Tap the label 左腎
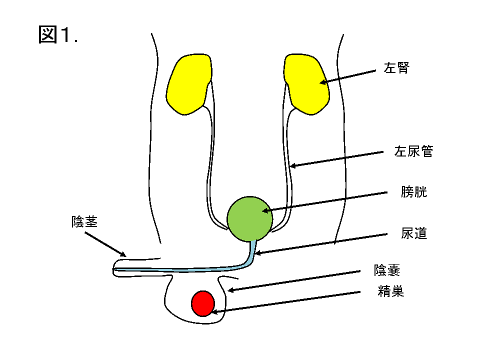pos(396,68)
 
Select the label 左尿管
pos(413,151)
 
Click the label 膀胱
pos(414,191)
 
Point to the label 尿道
pos(414,233)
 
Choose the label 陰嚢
pos(387,270)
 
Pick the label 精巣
pos(390,291)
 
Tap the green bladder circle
pos(249,218)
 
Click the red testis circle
pos(203,303)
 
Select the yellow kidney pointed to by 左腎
pos(306,83)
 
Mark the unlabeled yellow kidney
pos(189,83)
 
